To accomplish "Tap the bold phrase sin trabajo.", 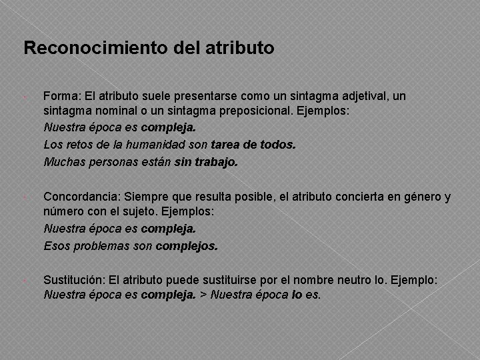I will click(x=205, y=161).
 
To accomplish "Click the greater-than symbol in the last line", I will click(x=203, y=295).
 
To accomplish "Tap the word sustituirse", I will click(x=245, y=282).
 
